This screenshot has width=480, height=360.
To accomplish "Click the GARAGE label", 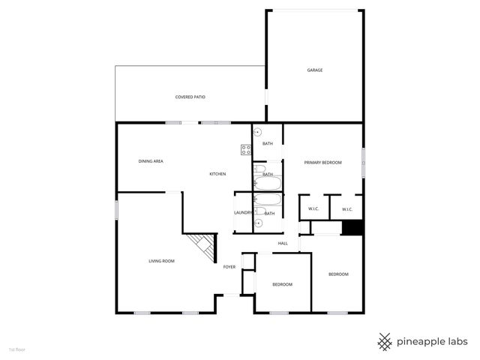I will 315,70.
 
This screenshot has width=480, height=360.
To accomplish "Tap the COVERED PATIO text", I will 190,97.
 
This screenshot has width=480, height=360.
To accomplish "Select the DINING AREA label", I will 151,161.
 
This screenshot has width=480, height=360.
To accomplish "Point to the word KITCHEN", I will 217,174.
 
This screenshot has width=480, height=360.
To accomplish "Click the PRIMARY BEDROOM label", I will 322,163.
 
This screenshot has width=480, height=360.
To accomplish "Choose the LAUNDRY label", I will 243,213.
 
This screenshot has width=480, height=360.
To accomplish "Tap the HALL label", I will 283,243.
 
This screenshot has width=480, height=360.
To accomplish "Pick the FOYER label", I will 229,267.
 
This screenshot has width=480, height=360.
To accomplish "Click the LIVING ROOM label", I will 161,261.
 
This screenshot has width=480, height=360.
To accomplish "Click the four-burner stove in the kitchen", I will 245,149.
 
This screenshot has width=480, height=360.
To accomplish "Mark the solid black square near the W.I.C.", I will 352,228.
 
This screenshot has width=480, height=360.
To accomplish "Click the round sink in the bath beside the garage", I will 258,131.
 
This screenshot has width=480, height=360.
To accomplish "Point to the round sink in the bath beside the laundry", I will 258,223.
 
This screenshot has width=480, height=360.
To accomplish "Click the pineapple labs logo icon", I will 385,341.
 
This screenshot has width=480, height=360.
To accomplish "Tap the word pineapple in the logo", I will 421,341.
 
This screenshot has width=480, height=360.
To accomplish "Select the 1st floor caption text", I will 16,349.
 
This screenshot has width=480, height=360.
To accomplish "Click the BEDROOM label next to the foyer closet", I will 282,284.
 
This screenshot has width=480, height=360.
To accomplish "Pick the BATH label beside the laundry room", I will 269,213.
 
